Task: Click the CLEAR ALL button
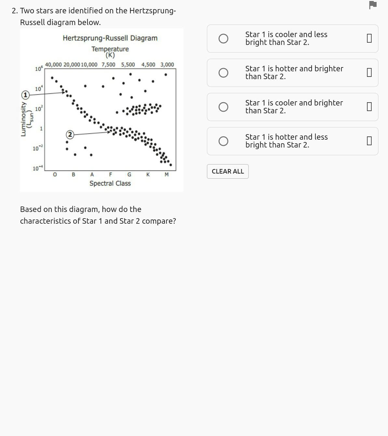(228, 171)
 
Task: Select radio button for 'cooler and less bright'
(223, 39)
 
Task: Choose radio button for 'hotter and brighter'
(223, 73)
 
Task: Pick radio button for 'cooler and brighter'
(223, 107)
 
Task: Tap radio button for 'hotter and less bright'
(223, 141)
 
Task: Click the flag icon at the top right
(373, 5)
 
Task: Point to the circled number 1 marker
(25, 95)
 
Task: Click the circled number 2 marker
(70, 134)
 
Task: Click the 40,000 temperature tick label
(53, 64)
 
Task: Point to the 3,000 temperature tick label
(167, 64)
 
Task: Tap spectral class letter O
(55, 175)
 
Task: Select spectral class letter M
(167, 175)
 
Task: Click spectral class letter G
(129, 175)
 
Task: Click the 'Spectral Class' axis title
(110, 183)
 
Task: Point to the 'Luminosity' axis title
(23, 119)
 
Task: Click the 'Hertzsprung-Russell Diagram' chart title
(110, 38)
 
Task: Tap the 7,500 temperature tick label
(108, 64)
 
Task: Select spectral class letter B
(74, 175)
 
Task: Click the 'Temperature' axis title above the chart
(110, 49)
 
